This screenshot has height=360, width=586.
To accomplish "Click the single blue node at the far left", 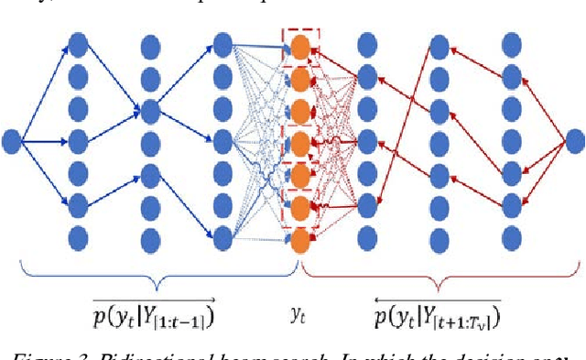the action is pos(12,141).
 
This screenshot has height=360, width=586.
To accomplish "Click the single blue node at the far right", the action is pos(574,141).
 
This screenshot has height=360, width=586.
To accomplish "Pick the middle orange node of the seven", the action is pos(299,141).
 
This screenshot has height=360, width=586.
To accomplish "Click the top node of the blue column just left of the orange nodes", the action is pos(222,43).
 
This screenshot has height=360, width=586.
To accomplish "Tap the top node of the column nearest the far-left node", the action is pos(78,43).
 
